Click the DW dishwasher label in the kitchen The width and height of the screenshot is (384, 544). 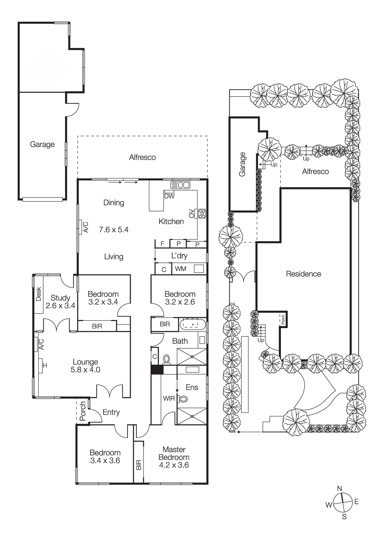click(x=169, y=196)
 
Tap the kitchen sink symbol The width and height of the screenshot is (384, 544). click(x=180, y=185)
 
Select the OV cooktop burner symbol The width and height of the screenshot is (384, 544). click(x=202, y=214)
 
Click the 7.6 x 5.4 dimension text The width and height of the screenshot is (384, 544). click(x=114, y=230)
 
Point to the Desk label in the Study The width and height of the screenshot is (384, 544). click(x=39, y=294)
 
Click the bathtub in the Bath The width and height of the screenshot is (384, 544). click(x=193, y=324)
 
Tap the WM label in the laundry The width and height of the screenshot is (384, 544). click(x=180, y=269)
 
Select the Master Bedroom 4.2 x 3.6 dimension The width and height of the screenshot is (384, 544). click(x=174, y=465)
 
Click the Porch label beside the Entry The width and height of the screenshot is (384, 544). click(x=83, y=411)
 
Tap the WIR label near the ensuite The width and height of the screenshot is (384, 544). click(x=169, y=398)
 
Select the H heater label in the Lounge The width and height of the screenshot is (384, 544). click(x=45, y=366)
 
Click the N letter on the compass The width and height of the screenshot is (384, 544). click(x=339, y=489)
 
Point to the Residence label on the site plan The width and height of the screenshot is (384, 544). click(x=303, y=274)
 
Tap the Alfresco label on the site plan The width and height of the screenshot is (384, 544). click(x=315, y=172)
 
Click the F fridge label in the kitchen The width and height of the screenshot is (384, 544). click(x=163, y=243)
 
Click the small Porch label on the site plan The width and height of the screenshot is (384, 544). click(x=283, y=320)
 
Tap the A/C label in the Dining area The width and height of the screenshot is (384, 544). click(x=85, y=227)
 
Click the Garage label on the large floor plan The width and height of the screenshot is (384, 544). click(x=42, y=144)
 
